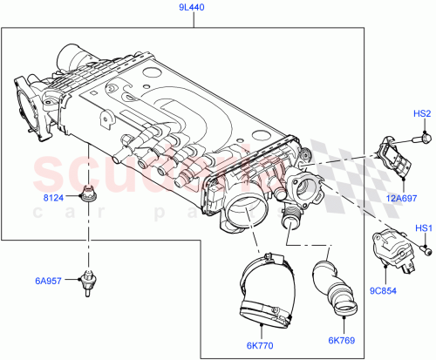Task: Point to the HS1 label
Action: point(422,228)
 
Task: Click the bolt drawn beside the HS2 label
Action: point(423,135)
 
